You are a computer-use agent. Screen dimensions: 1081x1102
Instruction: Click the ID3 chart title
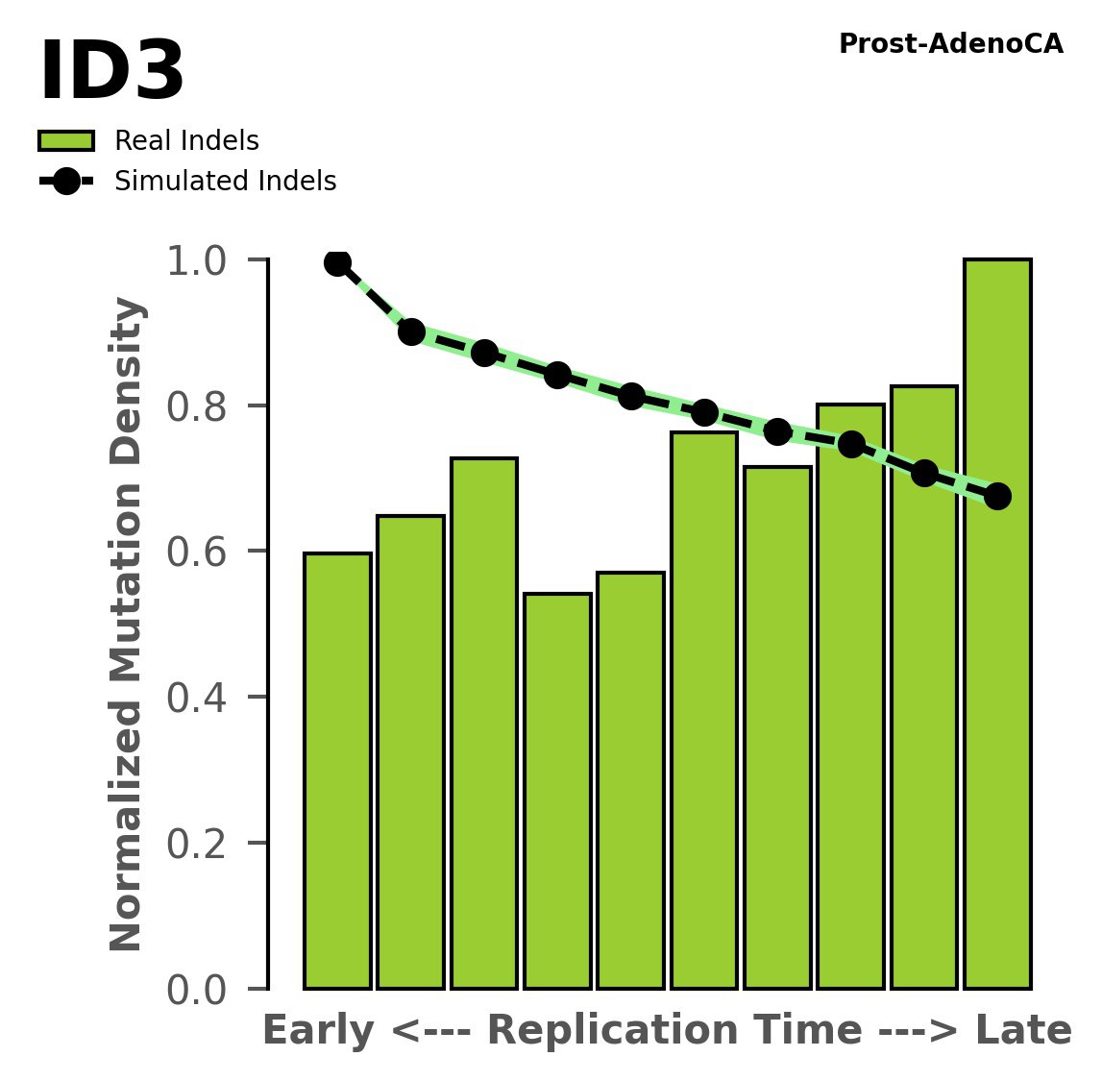click(111, 73)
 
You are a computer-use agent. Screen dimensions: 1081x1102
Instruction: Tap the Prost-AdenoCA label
click(950, 44)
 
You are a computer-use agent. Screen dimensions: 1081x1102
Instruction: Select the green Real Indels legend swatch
click(66, 141)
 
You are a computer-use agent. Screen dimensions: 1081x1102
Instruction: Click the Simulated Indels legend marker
click(66, 182)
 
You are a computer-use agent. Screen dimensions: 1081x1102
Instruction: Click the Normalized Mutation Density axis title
click(127, 624)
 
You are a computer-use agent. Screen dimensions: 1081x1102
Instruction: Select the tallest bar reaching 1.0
click(997, 673)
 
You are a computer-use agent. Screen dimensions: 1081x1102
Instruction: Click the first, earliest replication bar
click(337, 769)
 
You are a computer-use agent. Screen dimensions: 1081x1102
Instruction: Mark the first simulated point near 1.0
click(337, 262)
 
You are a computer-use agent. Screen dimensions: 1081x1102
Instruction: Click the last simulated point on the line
click(997, 496)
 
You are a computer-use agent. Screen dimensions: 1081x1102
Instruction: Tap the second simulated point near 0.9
click(411, 332)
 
